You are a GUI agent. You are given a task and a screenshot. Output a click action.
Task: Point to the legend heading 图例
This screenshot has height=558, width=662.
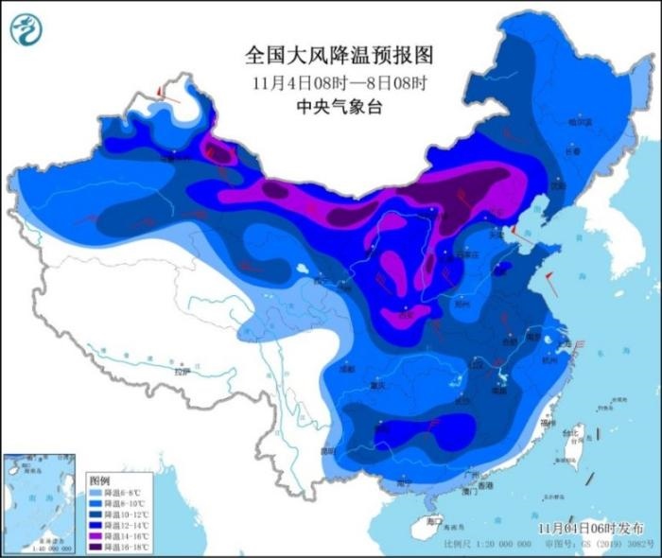tap(99, 482)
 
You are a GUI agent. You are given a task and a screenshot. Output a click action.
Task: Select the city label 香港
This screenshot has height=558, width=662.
tap(485, 484)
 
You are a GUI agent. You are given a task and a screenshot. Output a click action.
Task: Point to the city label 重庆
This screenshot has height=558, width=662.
tap(380, 386)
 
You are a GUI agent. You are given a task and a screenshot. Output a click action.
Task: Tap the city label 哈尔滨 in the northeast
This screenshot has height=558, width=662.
tap(580, 121)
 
